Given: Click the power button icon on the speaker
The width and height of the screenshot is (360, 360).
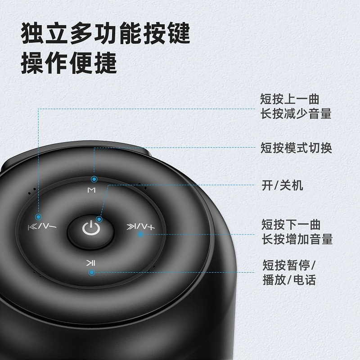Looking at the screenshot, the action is pyautogui.click(x=91, y=228).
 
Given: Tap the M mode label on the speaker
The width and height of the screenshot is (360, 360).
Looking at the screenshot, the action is pyautogui.click(x=91, y=190).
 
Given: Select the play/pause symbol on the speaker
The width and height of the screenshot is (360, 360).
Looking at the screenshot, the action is pyautogui.click(x=90, y=263).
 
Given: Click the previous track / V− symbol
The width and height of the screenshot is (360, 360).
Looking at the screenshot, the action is pyautogui.click(x=42, y=227).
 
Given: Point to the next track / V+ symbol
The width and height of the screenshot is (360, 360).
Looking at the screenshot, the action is pyautogui.click(x=141, y=227).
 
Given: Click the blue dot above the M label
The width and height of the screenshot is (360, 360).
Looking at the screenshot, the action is pyautogui.click(x=94, y=179).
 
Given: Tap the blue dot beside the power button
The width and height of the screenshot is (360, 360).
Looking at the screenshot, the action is pyautogui.click(x=99, y=219).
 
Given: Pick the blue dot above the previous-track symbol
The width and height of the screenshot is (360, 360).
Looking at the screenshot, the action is pyautogui.click(x=38, y=216).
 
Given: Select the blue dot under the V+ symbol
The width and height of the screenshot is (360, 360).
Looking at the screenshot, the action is pyautogui.click(x=140, y=234).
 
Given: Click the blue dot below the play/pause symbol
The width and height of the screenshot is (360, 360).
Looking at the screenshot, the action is pyautogui.click(x=92, y=273).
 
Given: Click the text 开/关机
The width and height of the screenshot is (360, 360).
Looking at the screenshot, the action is pyautogui.click(x=282, y=185).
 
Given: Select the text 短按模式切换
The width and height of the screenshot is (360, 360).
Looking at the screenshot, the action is pyautogui.click(x=296, y=148).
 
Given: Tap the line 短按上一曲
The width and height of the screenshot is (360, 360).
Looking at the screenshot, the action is pyautogui.click(x=290, y=99).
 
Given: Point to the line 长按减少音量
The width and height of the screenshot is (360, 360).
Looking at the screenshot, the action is pyautogui.click(x=296, y=114).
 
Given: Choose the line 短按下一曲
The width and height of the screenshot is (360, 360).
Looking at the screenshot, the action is pyautogui.click(x=291, y=224).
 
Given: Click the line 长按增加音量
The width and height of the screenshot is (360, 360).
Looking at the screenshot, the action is pyautogui.click(x=297, y=239).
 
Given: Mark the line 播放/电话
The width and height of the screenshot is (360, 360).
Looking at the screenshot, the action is pyautogui.click(x=289, y=279).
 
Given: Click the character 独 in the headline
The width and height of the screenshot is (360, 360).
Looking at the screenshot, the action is pyautogui.click(x=32, y=33).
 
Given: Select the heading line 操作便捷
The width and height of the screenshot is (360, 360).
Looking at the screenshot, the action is pyautogui.click(x=69, y=63).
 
